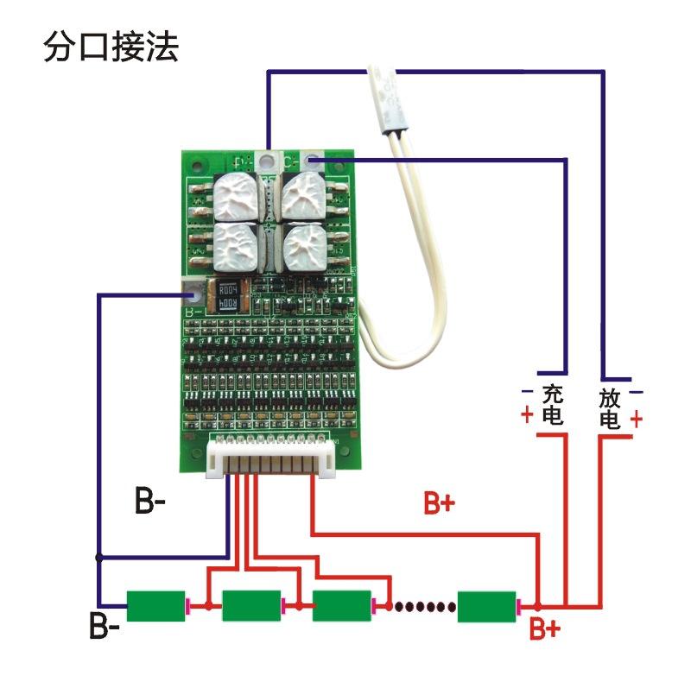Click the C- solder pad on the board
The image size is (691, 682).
(x=313, y=159)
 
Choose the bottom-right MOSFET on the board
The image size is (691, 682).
(x=305, y=249)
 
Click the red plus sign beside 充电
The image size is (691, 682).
(x=526, y=415)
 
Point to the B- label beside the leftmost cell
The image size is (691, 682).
(x=105, y=625)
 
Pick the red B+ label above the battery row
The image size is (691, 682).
(x=439, y=503)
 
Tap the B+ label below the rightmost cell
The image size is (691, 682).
(x=544, y=630)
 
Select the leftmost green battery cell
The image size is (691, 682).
(x=156, y=606)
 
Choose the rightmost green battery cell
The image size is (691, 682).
(x=486, y=606)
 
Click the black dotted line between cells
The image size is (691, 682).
(x=423, y=606)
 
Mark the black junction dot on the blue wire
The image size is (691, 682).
(x=99, y=557)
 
